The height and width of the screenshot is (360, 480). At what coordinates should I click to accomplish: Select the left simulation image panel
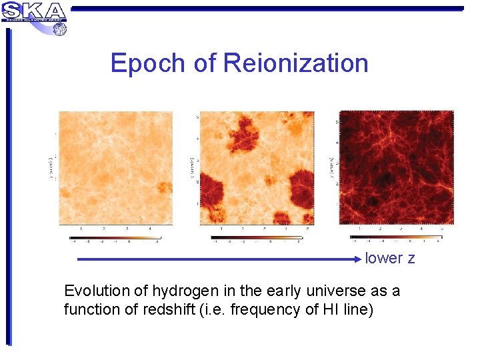pyautogui.click(x=115, y=168)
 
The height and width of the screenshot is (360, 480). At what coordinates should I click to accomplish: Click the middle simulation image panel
pyautogui.click(x=257, y=168)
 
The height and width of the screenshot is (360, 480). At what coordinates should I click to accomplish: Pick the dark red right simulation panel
pyautogui.click(x=396, y=168)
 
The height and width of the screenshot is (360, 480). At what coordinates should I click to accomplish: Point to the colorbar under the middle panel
pyautogui.click(x=256, y=237)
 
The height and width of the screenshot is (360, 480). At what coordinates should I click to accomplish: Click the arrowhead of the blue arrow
pyautogui.click(x=359, y=259)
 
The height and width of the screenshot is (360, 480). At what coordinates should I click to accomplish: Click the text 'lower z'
pyautogui.click(x=390, y=259)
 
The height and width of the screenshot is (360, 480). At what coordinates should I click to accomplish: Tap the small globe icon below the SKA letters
pyautogui.click(x=59, y=29)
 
